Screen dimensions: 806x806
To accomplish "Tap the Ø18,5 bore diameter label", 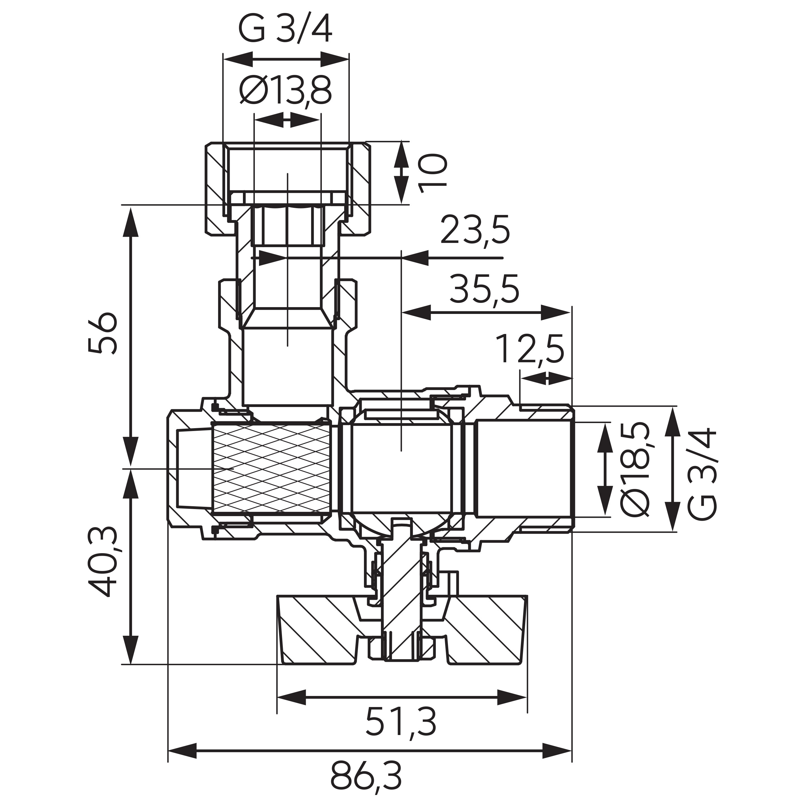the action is tap(635, 468).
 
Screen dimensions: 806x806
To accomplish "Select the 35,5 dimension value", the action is tap(484, 289).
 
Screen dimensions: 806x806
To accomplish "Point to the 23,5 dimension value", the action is tap(475, 230).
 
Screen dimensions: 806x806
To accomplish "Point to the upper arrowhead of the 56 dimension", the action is tap(132, 221).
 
